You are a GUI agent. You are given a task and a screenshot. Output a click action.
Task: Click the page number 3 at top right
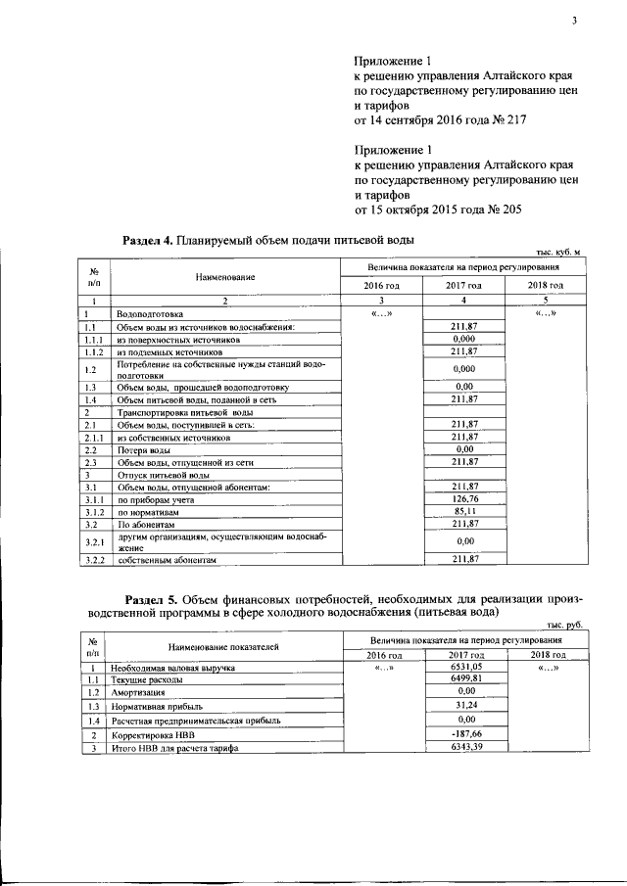click(576, 22)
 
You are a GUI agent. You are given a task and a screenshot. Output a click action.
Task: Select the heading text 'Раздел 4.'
click(153, 240)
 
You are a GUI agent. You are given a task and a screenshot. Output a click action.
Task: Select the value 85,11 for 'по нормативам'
click(464, 510)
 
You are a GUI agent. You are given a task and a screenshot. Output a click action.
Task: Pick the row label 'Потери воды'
click(144, 449)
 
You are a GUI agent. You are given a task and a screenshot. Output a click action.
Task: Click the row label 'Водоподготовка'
click(150, 314)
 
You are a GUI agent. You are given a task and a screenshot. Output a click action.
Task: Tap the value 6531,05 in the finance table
click(463, 668)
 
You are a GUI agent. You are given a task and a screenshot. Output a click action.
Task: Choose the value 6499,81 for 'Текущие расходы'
click(463, 678)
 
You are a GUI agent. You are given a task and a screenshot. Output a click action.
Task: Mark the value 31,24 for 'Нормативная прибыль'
click(463, 706)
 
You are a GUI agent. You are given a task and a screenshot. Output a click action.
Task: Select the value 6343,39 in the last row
click(463, 747)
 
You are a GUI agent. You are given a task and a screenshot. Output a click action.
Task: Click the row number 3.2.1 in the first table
click(94, 540)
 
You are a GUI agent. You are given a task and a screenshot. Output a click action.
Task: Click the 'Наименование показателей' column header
click(224, 647)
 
